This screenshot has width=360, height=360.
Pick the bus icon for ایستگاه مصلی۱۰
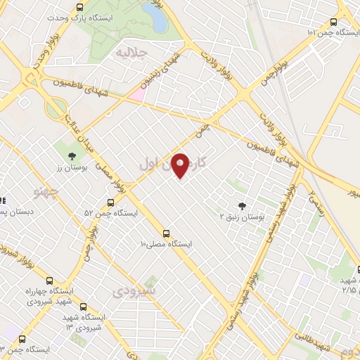[x=166, y=233]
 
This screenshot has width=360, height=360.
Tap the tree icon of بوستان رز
[x=72, y=156]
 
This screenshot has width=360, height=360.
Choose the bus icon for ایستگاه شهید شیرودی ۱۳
[x=83, y=307]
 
